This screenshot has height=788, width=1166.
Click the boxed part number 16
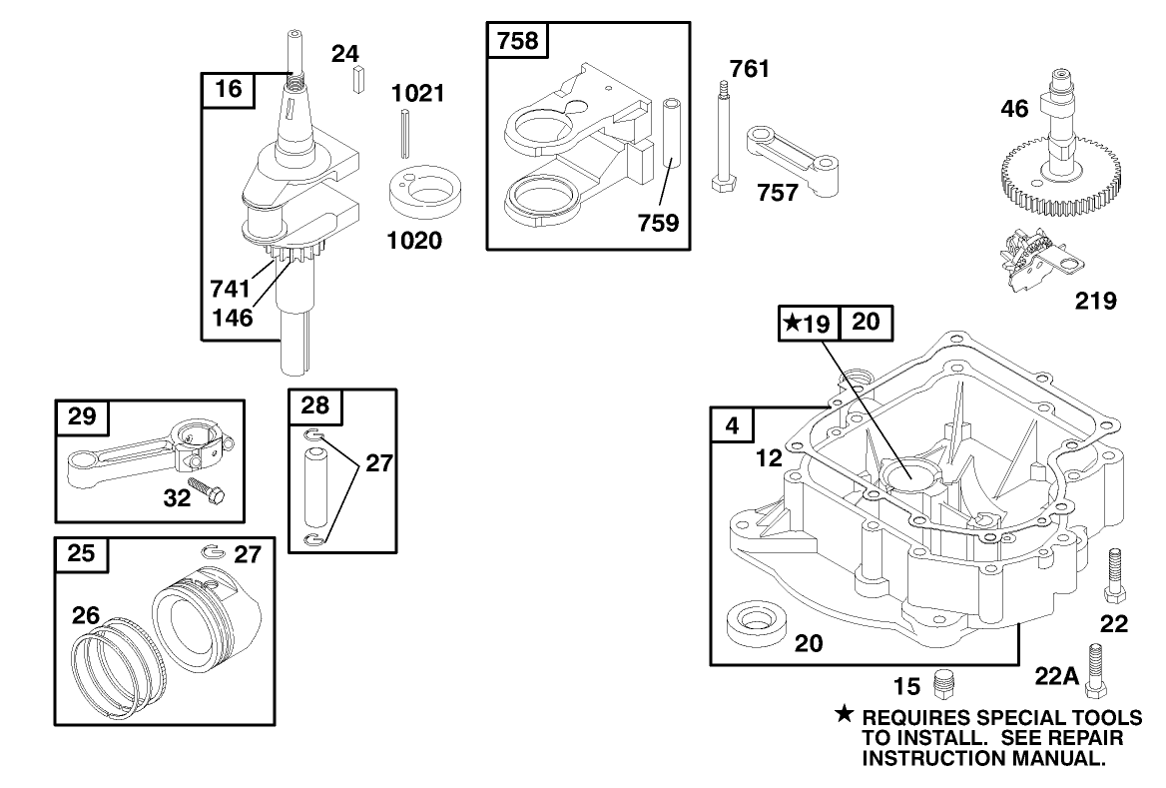228,89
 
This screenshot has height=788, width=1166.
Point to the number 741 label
230,289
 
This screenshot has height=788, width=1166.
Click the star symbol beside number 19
792,323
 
